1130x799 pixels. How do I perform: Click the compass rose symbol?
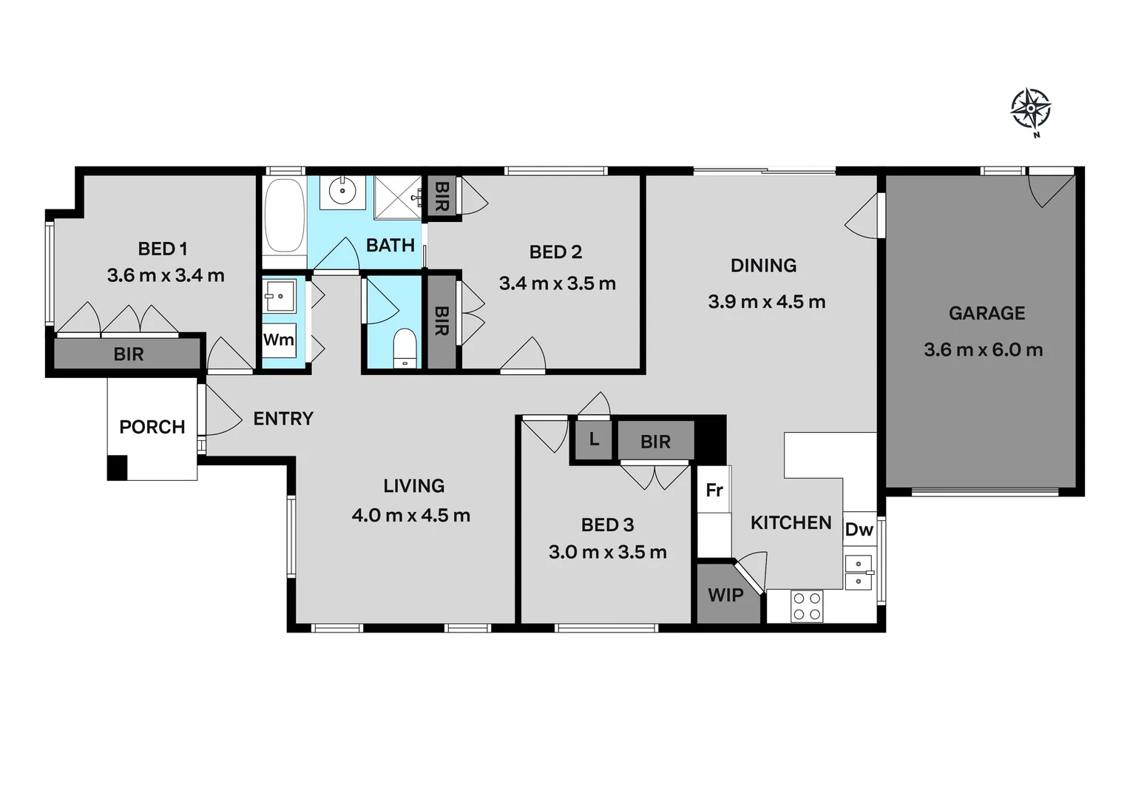(1030, 109)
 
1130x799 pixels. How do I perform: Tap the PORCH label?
(152, 427)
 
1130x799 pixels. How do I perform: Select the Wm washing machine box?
(279, 340)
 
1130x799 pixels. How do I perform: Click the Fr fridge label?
(714, 490)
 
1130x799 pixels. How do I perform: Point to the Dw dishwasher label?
(859, 530)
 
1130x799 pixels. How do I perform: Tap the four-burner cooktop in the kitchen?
(806, 606)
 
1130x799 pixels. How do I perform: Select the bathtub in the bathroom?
(284, 215)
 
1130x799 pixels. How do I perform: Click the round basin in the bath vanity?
(342, 191)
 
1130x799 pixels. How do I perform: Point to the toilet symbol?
(404, 348)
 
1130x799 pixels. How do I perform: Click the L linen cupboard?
(594, 439)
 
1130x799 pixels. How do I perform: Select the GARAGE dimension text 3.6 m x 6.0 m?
(983, 350)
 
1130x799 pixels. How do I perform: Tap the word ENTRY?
(283, 419)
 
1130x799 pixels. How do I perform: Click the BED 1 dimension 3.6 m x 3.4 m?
(166, 276)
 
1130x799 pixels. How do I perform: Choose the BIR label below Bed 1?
(128, 354)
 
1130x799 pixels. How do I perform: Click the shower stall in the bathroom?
(397, 197)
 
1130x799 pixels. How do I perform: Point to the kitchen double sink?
(858, 572)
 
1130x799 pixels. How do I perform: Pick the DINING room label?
(763, 265)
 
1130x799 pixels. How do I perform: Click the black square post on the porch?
(117, 468)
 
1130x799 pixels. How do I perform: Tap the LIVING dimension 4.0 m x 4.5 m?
(411, 516)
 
